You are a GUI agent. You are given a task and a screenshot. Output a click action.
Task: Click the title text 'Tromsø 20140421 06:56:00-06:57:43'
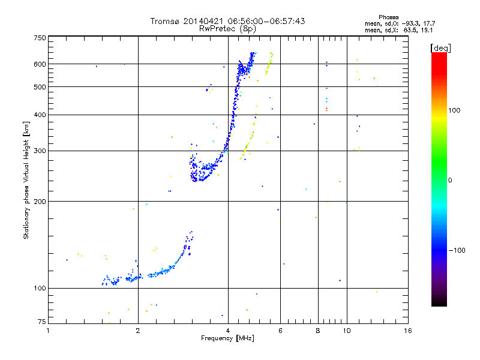coord(227,21)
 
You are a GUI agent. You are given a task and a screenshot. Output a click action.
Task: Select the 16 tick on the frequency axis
coord(407,331)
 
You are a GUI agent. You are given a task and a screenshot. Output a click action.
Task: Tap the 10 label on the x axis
coord(347,331)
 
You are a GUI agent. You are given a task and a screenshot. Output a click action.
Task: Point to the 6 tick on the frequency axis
coord(280,331)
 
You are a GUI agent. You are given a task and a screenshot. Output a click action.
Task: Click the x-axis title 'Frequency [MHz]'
coord(227,339)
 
